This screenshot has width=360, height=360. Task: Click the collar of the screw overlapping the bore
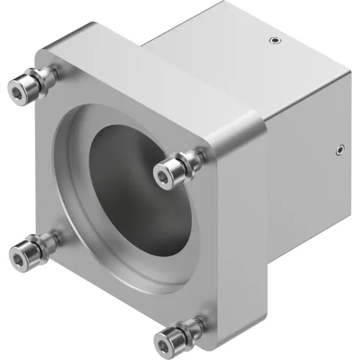pyautogui.click(x=193, y=157)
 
